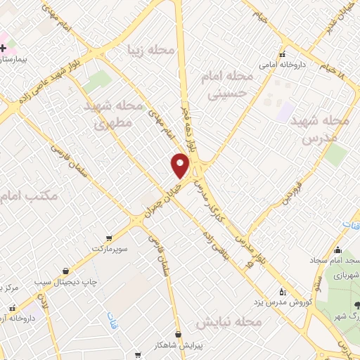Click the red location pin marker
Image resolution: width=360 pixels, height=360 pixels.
(181, 166)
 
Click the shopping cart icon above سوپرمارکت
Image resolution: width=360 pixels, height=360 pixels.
(108, 238)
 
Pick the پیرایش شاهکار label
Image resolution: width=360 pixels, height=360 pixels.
(179, 345)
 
